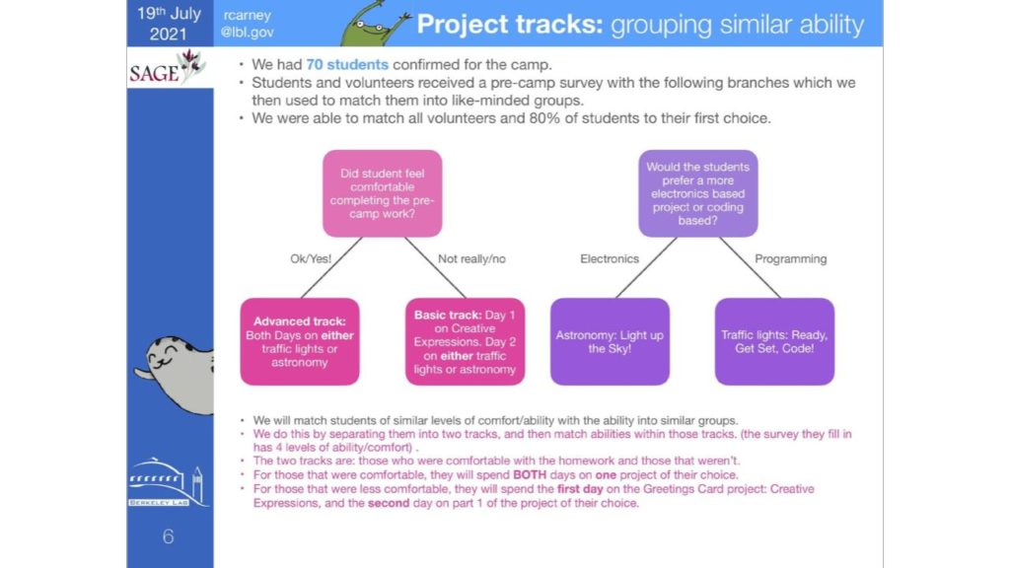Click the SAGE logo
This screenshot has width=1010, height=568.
pos(168,68)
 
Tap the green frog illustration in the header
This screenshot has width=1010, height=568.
pos(374,25)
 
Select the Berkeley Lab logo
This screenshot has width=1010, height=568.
pos(168,481)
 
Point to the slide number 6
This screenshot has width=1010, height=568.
pos(168,536)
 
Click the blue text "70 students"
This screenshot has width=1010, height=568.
pos(347,64)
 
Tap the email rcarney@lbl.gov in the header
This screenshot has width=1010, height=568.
pos(248,24)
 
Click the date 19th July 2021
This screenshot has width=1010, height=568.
pos(169,24)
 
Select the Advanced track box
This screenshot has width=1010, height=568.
pos(300,341)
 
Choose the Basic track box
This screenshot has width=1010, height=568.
pos(465,341)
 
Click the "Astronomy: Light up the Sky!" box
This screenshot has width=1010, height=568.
pos(610,341)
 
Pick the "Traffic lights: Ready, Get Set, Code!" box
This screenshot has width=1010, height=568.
pos(774,341)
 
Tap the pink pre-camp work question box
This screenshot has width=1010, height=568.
pos(382,193)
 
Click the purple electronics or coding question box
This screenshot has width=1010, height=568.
pos(697,193)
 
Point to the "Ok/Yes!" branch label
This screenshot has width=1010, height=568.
pos(311,259)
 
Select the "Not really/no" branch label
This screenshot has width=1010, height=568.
pos(471,259)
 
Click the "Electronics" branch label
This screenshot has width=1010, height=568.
pos(610,259)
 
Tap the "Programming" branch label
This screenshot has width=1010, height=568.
pos(790,259)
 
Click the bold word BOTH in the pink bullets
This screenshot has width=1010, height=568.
pos(530,475)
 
